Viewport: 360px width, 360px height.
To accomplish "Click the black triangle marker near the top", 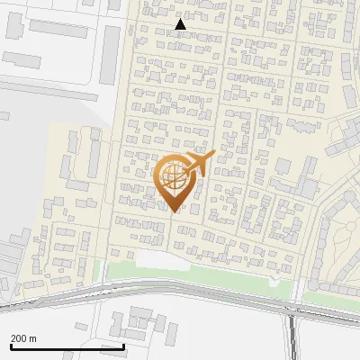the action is click(181, 24).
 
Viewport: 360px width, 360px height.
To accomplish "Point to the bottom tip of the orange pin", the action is click(173, 212).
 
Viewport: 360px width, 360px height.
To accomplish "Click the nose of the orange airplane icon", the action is click(212, 156).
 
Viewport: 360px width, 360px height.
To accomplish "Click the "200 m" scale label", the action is click(24, 337).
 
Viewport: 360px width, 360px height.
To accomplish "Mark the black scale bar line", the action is click(67, 346).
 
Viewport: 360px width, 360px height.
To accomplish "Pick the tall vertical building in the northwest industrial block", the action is click(113, 50).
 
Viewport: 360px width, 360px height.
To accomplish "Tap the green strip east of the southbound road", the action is click(329, 298).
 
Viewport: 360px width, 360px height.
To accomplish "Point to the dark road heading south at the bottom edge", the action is click(292, 346).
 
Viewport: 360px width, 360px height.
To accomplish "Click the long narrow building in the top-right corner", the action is click(347, 67).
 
